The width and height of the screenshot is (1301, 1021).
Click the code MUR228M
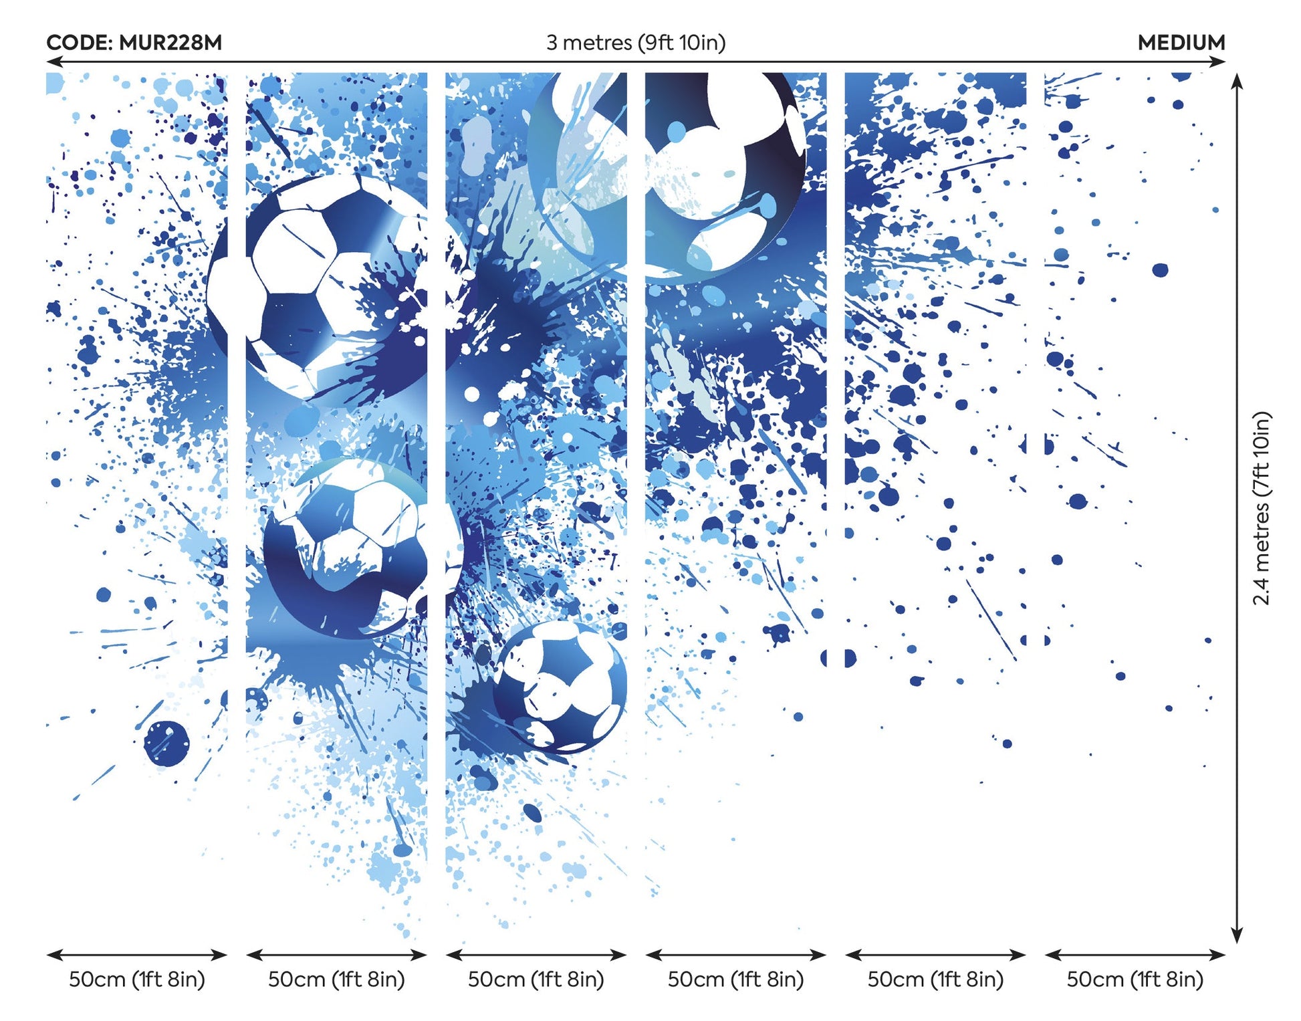click(170, 43)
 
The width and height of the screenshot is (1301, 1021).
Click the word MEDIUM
click(1181, 43)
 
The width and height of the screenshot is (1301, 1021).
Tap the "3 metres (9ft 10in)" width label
click(635, 43)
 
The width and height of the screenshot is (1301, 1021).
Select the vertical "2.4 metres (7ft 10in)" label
click(1261, 508)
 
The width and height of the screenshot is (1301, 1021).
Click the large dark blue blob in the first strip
click(166, 742)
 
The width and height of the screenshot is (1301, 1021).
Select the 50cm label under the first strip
click(137, 980)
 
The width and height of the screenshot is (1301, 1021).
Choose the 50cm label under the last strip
click(1135, 980)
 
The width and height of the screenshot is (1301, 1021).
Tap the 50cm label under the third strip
click(536, 980)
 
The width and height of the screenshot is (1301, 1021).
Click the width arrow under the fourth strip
click(735, 955)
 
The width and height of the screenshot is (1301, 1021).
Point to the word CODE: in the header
click(80, 43)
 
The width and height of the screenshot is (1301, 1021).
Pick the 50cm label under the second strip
click(336, 980)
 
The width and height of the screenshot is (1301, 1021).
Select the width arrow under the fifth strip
click(935, 955)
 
